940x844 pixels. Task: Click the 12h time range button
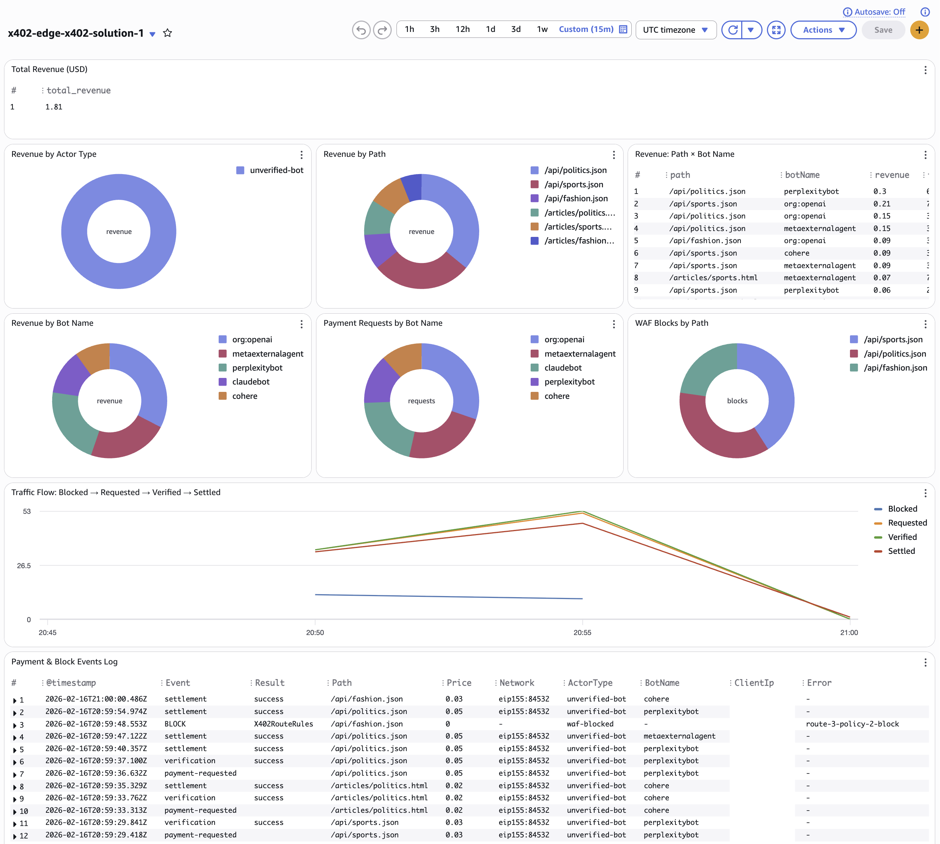(462, 29)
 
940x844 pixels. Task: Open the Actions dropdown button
(823, 30)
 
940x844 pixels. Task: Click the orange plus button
(919, 30)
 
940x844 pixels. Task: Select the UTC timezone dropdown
(675, 30)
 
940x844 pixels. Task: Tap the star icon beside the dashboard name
(168, 33)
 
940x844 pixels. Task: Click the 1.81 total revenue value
(54, 107)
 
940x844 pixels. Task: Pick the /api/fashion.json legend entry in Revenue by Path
(576, 198)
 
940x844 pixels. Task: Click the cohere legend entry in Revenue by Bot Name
(244, 396)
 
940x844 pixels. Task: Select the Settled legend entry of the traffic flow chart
(901, 551)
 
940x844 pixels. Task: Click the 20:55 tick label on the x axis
(582, 632)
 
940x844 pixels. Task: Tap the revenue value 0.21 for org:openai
(882, 203)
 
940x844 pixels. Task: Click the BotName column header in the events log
(662, 683)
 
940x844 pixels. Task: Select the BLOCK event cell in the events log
(175, 724)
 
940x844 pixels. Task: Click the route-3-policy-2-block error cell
(852, 724)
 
